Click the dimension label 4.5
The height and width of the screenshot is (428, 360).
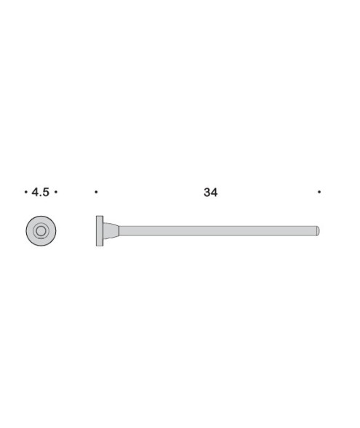click(41, 192)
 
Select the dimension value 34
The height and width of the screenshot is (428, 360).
click(210, 192)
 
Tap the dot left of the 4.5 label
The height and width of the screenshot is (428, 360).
click(25, 192)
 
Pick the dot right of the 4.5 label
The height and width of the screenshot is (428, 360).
click(56, 192)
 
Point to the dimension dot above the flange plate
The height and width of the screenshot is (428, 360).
click(96, 192)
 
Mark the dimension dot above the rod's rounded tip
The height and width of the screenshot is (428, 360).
click(319, 192)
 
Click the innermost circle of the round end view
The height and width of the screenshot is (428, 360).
click(41, 231)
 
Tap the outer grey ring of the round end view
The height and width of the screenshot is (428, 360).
click(31, 231)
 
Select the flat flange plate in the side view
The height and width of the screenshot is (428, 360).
click(99, 231)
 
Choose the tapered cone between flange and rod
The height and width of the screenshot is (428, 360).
click(110, 231)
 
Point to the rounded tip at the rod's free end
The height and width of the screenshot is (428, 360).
click(318, 231)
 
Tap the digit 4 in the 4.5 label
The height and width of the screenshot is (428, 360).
click(35, 192)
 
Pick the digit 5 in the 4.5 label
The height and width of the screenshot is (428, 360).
click(46, 192)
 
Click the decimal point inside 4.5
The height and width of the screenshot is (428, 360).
click(41, 195)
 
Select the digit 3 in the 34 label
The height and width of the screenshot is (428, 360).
click(207, 192)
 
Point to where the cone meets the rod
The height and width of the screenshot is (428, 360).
click(119, 231)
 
